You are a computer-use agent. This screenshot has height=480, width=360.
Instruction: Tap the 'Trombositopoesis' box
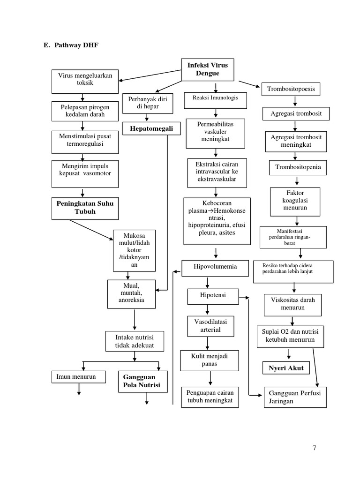click(x=291, y=89)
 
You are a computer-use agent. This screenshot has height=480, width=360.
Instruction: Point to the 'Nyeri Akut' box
click(x=285, y=368)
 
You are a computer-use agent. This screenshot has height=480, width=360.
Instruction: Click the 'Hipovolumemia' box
click(x=215, y=267)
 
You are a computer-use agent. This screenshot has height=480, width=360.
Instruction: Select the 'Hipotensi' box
click(x=212, y=296)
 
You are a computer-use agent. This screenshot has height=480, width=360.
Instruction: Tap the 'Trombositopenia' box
click(x=295, y=167)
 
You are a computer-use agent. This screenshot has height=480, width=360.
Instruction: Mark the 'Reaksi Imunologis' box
click(x=215, y=98)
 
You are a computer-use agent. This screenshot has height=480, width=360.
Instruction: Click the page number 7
click(x=315, y=448)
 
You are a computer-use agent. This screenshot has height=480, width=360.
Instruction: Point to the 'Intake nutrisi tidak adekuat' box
click(x=135, y=342)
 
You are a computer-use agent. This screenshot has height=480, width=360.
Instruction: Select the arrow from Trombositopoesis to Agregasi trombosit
click(x=294, y=101)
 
